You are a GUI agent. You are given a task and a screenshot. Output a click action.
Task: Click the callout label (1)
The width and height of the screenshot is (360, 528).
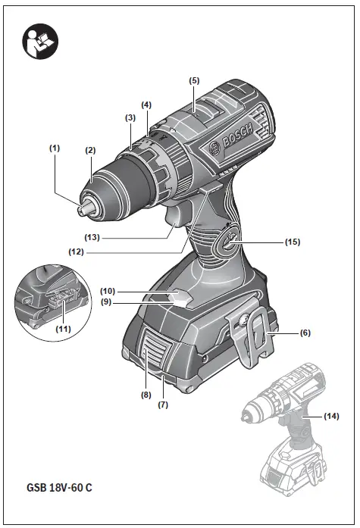54,148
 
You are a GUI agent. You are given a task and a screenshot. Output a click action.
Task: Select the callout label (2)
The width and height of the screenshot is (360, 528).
90,151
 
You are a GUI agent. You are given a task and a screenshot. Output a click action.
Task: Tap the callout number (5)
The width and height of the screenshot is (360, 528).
194,80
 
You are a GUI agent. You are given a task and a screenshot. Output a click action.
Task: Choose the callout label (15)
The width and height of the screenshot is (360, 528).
293,242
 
